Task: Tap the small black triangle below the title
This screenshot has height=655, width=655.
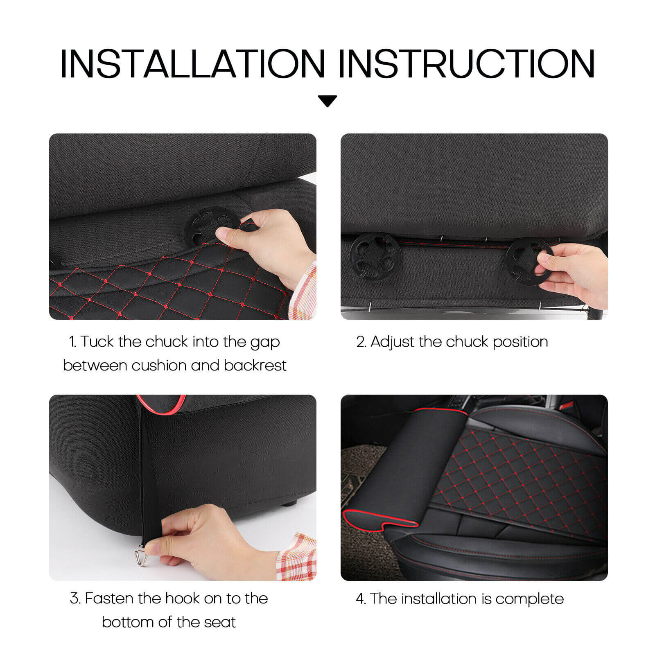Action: pos(327,100)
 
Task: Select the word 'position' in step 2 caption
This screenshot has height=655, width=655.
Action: pos(520,342)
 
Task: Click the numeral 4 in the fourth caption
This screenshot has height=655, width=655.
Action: pos(360,599)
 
